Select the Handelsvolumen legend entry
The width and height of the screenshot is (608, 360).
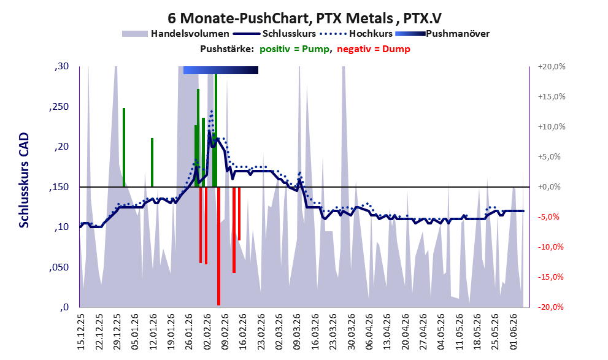pos(175,34)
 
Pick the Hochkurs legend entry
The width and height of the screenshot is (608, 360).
pos(356,34)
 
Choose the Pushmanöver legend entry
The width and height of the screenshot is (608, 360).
pos(442,34)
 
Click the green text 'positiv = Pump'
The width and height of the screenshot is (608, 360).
pos(294,49)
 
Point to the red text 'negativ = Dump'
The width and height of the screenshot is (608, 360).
pos(374,49)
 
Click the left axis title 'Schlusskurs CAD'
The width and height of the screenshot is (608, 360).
pos(24,180)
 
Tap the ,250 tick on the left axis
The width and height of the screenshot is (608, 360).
pos(59,107)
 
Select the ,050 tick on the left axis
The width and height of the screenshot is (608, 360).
pos(59,267)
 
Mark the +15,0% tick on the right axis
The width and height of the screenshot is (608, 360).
pos(552,96)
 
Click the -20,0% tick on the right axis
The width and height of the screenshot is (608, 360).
pos(550,307)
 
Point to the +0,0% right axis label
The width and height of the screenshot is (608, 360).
pos(549,187)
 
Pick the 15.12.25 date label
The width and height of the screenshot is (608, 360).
pos(80,332)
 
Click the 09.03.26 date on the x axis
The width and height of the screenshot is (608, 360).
pos(297,332)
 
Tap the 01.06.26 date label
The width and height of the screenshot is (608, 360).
pos(514,332)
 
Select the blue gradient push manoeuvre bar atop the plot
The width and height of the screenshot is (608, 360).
pos(221,70)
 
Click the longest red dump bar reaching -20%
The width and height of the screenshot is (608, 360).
pos(218,246)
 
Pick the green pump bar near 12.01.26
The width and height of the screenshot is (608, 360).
pos(152,163)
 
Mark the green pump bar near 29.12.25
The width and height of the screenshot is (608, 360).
pos(124,147)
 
